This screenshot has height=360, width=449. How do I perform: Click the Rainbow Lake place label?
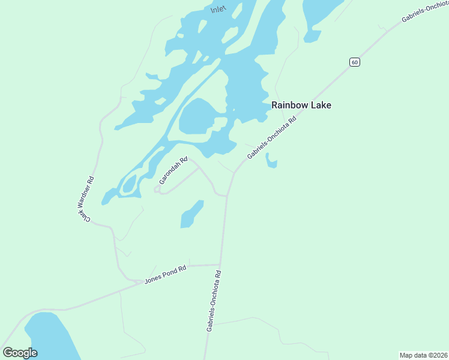[x=301, y=105]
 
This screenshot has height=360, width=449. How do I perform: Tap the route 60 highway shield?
[x=355, y=62]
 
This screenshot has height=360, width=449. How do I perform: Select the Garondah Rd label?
[x=173, y=171]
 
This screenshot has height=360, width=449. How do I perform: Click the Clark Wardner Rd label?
[x=88, y=199]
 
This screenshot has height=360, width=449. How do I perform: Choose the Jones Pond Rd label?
[x=165, y=275]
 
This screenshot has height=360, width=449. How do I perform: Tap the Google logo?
[x=20, y=353]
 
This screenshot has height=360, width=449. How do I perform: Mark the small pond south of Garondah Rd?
[x=191, y=215]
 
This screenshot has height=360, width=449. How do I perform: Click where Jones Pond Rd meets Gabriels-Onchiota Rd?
[x=220, y=265]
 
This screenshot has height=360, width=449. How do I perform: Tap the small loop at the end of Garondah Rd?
[x=157, y=190]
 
